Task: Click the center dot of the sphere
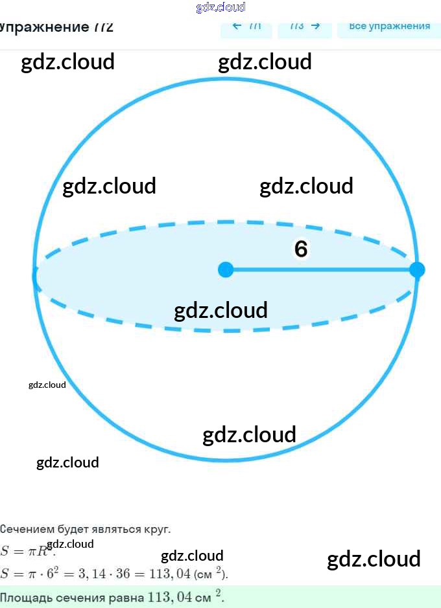point(225,269)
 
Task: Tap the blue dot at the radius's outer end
point(417,269)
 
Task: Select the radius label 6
point(300,249)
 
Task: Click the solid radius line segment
point(321,269)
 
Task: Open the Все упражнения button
point(389,27)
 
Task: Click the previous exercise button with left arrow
point(246,27)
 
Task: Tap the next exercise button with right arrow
point(305,27)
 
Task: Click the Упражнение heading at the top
point(55,27)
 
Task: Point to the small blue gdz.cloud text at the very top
point(220,7)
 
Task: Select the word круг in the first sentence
point(157,529)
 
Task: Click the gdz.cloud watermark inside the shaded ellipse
point(220,310)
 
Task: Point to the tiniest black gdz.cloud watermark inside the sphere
point(47,385)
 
